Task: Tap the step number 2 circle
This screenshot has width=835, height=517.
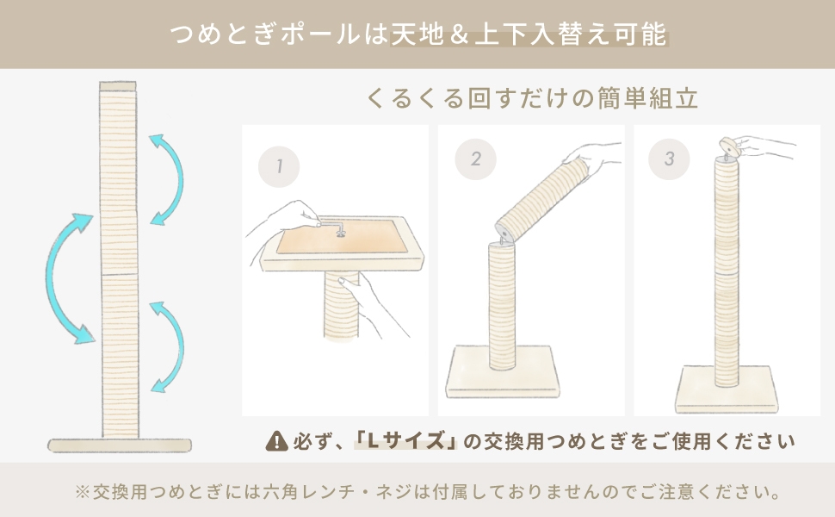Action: point(475,159)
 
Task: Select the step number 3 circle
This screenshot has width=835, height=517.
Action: point(670,159)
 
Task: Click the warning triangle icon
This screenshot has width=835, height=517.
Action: point(277,441)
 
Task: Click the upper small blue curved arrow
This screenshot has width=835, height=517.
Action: point(169,179)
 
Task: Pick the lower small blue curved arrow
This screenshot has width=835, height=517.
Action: point(169,345)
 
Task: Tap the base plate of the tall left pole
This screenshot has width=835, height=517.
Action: point(120,445)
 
